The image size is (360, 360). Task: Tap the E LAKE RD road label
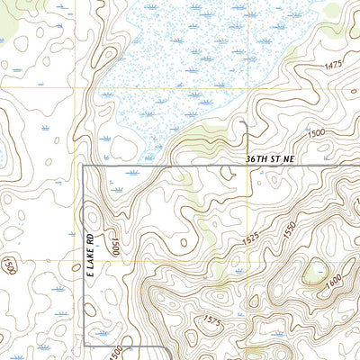(x=90, y=261)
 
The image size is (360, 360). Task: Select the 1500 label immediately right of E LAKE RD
(x=117, y=247)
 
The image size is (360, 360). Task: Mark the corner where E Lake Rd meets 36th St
(x=84, y=166)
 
